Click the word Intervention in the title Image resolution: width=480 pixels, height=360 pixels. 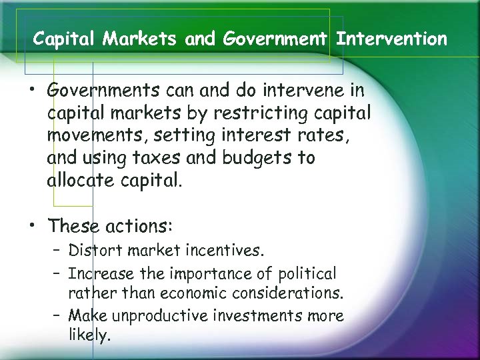pos(392,39)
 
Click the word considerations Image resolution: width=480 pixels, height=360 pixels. pos(288,293)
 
